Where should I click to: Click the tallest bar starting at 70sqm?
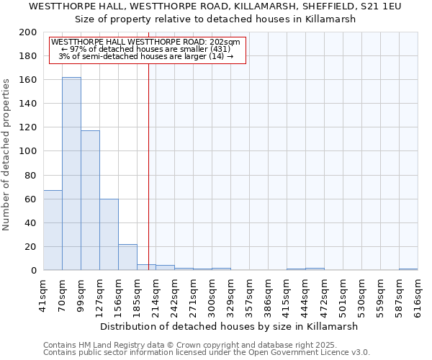coord(71,174)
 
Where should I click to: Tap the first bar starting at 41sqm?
coord(53,230)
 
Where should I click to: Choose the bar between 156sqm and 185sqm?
coord(127,257)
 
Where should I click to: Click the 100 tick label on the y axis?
coord(28,151)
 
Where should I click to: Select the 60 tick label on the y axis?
coord(31,199)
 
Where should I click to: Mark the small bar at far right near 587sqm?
coord(408,269)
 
